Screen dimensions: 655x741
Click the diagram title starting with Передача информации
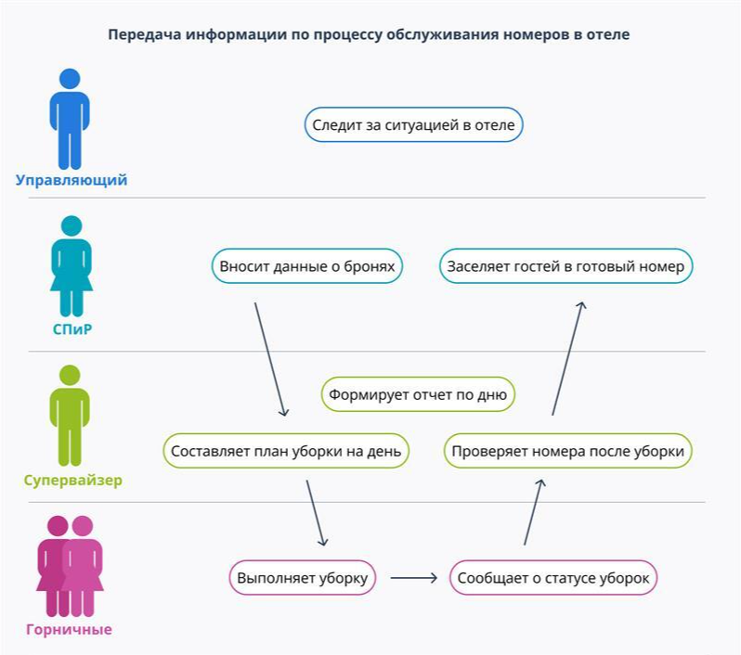point(369,35)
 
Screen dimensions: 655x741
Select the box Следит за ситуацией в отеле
point(413,124)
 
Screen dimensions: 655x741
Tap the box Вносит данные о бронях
point(307,266)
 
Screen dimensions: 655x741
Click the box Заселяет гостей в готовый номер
point(565,266)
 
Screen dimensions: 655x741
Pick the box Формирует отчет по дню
point(418,394)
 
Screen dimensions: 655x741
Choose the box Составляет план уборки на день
point(286,452)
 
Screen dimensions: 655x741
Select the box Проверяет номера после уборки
point(567,452)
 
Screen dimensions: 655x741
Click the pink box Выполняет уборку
point(302,578)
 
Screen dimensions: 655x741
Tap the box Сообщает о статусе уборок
point(553,578)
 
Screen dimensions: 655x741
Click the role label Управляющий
point(71,180)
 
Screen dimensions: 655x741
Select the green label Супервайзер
point(72,481)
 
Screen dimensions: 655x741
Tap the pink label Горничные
point(71,629)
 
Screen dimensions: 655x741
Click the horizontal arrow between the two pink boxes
point(413,578)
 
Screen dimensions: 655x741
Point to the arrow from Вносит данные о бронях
point(270,359)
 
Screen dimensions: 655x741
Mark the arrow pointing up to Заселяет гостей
point(568,357)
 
